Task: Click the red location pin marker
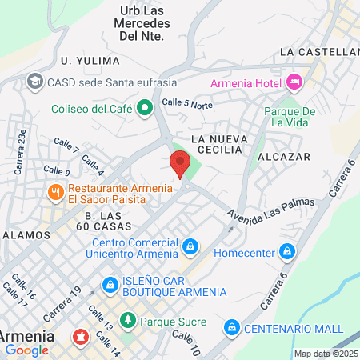pyautogui.click(x=180, y=163)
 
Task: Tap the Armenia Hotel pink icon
pyautogui.click(x=294, y=82)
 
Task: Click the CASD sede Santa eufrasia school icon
pyautogui.click(x=35, y=81)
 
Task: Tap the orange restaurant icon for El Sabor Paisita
pyautogui.click(x=54, y=192)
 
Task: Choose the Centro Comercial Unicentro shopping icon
pyautogui.click(x=190, y=246)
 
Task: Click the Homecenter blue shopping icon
pyautogui.click(x=288, y=254)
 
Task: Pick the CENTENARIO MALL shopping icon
pyautogui.click(x=231, y=327)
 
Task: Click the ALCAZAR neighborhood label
pyautogui.click(x=289, y=157)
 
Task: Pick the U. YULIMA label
pyautogui.click(x=90, y=61)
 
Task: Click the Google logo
pyautogui.click(x=26, y=350)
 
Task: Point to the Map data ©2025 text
pyautogui.click(x=326, y=354)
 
